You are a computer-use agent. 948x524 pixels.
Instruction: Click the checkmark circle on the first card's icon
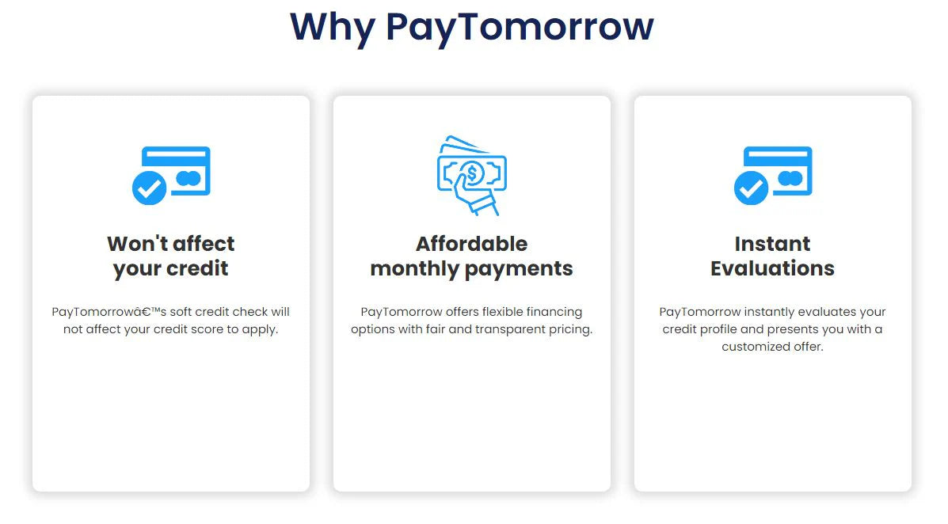150,188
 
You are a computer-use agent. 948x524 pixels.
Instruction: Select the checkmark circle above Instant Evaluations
751,188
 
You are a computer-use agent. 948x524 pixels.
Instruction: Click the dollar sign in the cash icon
472,174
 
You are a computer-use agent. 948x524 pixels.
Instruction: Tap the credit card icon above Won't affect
171,175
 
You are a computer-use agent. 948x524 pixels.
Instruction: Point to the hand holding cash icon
471,175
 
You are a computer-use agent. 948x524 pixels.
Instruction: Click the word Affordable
471,244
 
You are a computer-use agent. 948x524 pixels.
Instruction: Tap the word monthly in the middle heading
415,269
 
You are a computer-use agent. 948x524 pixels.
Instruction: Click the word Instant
773,244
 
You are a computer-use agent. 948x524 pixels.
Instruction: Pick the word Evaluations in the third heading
773,268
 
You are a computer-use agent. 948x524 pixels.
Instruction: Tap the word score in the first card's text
208,329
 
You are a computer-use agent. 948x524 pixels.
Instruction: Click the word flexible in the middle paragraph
502,312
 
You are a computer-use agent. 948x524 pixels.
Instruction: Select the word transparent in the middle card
510,330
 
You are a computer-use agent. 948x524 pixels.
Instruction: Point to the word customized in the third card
756,347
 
